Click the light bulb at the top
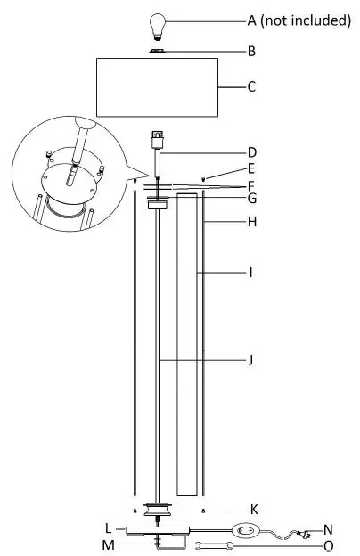pyautogui.click(x=159, y=21)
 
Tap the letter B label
pyautogui.click(x=252, y=52)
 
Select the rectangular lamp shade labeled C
pyautogui.click(x=159, y=88)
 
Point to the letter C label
pyautogui.click(x=252, y=87)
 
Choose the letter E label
pyautogui.click(x=252, y=168)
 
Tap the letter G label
pyautogui.click(x=252, y=198)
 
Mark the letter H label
pyautogui.click(x=252, y=222)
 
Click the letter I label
pyautogui.click(x=252, y=272)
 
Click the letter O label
pyautogui.click(x=329, y=544)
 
